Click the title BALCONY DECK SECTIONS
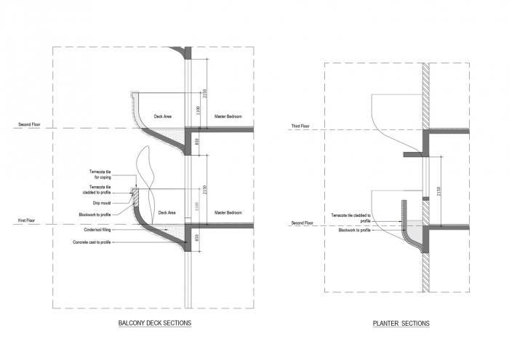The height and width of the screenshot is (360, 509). pos(154,323)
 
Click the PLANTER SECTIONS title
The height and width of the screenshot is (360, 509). pos(401,324)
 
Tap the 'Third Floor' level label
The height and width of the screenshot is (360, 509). pos(300,127)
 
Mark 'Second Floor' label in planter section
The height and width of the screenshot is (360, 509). pos(302,223)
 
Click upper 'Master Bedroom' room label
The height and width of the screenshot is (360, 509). pos(227,116)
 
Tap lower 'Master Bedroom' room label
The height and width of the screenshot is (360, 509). pos(227,212)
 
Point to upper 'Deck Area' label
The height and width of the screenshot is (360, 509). pos(162,116)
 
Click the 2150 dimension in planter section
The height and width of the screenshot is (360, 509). pos(438,190)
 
